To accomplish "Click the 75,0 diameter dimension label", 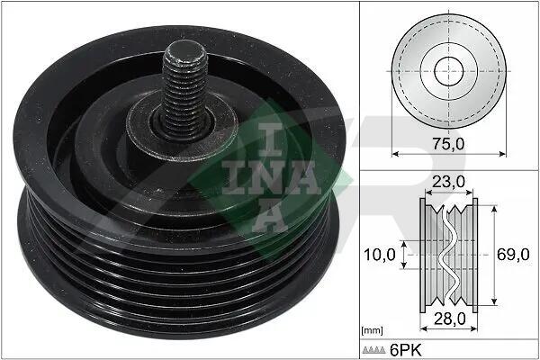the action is (448, 144).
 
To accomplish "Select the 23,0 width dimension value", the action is (448, 182).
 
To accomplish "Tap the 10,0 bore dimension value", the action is (380, 255).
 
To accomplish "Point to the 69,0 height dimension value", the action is (513, 255).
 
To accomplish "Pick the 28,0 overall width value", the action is (450, 319).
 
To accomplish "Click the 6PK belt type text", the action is (405, 350).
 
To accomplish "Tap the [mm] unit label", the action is (372, 331).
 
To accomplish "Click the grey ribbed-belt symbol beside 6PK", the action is (373, 350).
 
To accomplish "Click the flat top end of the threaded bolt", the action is (184, 51).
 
